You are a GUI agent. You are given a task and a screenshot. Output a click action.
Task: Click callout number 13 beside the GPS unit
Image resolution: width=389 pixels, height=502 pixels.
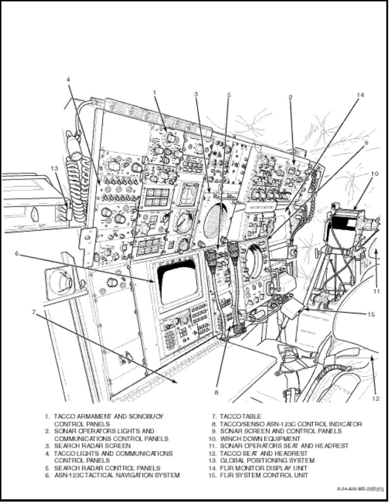(54, 167)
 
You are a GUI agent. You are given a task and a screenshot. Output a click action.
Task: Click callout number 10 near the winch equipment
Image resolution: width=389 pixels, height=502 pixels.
(374, 173)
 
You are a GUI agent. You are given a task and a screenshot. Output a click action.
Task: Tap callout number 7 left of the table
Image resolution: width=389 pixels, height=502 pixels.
(33, 312)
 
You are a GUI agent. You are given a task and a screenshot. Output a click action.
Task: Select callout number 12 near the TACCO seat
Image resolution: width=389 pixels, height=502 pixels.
(375, 398)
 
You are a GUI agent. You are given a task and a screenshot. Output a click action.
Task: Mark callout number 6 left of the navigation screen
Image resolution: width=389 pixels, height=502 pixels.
(16, 253)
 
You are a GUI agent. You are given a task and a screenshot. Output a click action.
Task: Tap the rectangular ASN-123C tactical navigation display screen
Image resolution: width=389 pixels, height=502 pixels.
(178, 281)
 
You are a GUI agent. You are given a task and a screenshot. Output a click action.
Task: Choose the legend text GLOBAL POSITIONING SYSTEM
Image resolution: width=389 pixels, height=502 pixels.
(267, 461)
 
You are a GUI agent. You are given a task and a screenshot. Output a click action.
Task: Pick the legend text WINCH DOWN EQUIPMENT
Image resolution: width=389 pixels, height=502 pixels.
(260, 439)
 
